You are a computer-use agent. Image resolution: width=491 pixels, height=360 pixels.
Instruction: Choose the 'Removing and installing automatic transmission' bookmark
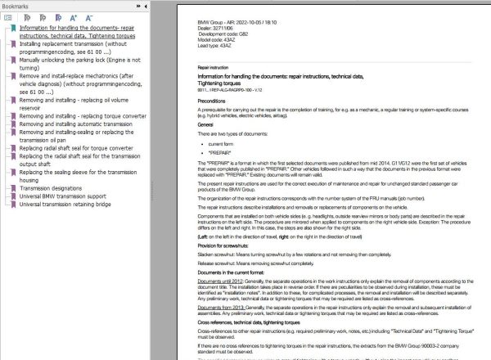pos(77,124)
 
